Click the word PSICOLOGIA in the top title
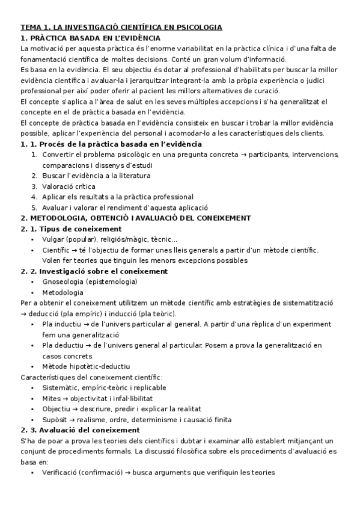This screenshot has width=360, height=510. pyautogui.click(x=197, y=28)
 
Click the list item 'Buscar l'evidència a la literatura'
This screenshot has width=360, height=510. pyautogui.click(x=96, y=176)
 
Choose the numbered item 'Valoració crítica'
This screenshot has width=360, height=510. pyautogui.click(x=69, y=186)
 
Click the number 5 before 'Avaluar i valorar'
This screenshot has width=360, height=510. pyautogui.click(x=34, y=207)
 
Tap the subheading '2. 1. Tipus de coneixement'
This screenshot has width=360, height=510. pyautogui.click(x=71, y=229)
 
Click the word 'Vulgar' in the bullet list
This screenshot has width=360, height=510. pyautogui.click(x=53, y=239)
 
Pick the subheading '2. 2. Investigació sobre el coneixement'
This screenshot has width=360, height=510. pyautogui.click(x=94, y=271)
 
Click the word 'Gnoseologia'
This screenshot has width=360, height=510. pyautogui.click(x=63, y=281)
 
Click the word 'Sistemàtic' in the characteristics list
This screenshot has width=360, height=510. pyautogui.click(x=60, y=388)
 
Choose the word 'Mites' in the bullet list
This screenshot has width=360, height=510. pyautogui.click(x=52, y=398)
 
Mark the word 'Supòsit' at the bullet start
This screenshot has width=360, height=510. pyautogui.click(x=55, y=420)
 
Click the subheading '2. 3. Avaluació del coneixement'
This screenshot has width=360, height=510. pyautogui.click(x=80, y=430)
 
